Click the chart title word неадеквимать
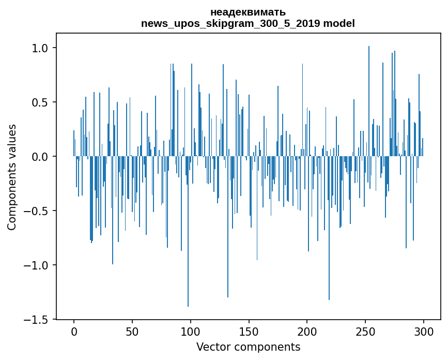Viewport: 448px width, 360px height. coord(248,12)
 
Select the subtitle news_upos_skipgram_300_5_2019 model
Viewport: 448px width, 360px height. coord(248,23)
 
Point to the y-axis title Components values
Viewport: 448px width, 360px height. coord(11,177)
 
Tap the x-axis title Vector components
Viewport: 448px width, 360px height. coord(248,347)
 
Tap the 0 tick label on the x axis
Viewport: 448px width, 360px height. coord(74,332)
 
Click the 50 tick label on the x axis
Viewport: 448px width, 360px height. coord(132,332)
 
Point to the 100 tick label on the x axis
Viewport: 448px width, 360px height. coord(191,332)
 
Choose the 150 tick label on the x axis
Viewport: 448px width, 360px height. coord(249,332)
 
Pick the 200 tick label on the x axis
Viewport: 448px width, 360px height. coord(307,332)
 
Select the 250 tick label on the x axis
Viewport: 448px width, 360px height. coord(366,332)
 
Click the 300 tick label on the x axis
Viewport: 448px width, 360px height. coord(424,332)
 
